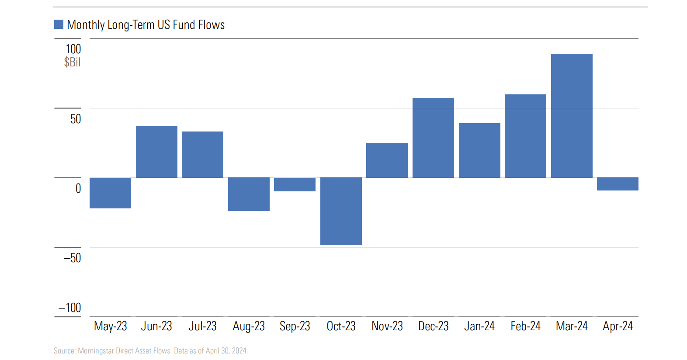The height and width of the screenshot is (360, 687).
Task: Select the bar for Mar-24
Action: [572, 116]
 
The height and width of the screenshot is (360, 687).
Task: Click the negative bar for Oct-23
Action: [341, 211]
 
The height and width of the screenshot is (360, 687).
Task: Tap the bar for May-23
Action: [110, 193]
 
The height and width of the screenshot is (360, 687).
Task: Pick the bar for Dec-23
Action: [433, 138]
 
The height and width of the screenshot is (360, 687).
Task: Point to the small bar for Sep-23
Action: [295, 184]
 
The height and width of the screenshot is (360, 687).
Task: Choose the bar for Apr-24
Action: [618, 184]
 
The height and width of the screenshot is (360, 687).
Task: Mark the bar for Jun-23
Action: [156, 152]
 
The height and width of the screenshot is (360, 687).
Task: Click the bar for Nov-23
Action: [387, 160]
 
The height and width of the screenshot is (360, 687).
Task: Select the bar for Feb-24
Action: [525, 136]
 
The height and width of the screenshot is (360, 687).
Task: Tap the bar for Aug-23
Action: [249, 194]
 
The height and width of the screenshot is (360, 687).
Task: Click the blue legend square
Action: [59, 24]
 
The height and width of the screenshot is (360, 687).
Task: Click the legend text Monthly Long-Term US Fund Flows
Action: [146, 25]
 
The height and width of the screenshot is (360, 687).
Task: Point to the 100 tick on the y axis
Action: [73, 49]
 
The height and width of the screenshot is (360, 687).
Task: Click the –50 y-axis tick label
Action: [73, 258]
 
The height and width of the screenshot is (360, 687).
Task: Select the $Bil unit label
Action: [72, 62]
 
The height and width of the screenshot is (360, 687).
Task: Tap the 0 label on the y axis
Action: [78, 188]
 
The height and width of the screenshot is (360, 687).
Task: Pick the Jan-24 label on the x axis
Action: [479, 326]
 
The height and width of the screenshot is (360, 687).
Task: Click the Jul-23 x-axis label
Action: [202, 326]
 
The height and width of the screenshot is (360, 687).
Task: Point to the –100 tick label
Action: [70, 308]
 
